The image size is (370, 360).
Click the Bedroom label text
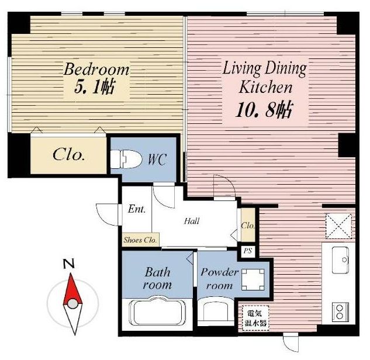click(x=96, y=70)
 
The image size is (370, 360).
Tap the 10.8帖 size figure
click(x=264, y=110)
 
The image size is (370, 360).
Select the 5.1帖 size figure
click(x=95, y=86)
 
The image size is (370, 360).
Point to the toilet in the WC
click(x=126, y=159)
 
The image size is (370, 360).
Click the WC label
click(x=157, y=160)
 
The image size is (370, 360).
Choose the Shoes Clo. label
click(x=140, y=240)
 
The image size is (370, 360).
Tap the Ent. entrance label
click(x=137, y=209)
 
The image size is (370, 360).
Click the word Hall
click(x=192, y=221)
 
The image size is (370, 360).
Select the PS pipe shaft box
click(x=248, y=251)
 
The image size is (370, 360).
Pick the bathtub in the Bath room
click(x=157, y=311)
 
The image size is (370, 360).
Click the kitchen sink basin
click(x=340, y=260)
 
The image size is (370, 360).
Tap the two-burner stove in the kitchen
click(x=340, y=311)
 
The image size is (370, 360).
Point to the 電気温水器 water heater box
click(x=255, y=318)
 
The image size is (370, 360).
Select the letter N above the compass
click(x=69, y=264)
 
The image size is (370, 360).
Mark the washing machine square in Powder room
click(x=253, y=279)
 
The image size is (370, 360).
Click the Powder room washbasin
click(x=216, y=309)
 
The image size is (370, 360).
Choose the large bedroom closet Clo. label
click(x=68, y=155)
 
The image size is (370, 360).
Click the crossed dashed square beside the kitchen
click(x=338, y=226)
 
